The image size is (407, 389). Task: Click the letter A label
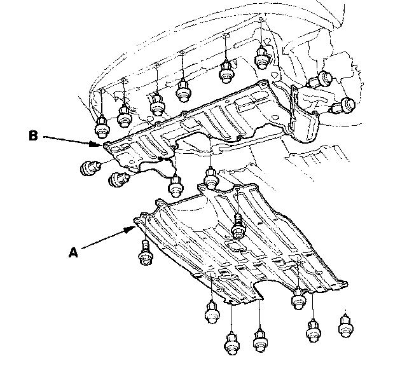tap(73, 252)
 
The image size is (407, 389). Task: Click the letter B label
tap(33, 136)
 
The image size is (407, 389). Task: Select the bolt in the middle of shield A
tap(237, 226)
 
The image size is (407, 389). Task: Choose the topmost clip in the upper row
tap(262, 58)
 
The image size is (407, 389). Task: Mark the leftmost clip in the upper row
tap(102, 127)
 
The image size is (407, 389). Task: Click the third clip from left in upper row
tap(157, 104)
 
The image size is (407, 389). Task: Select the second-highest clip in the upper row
tap(226, 71)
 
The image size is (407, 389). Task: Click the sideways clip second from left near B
tap(119, 180)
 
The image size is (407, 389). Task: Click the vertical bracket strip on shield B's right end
tap(294, 106)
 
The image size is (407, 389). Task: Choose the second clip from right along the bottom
tap(314, 331)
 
